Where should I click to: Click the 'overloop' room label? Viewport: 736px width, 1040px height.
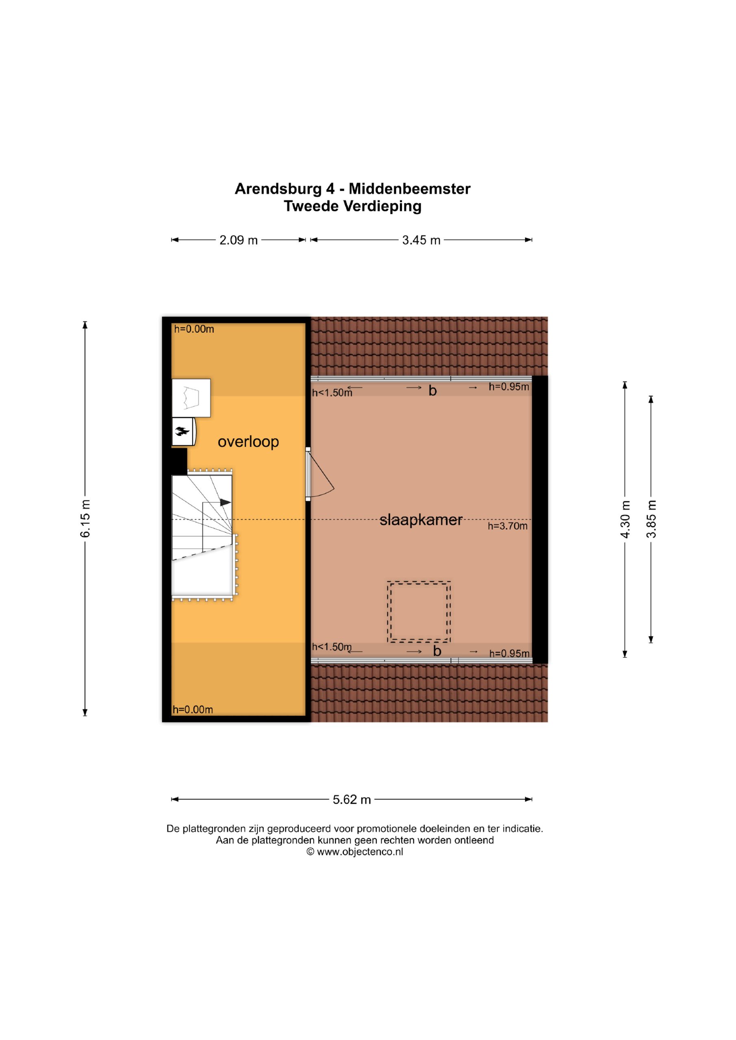click(248, 442)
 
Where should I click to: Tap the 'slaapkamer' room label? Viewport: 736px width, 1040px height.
click(421, 520)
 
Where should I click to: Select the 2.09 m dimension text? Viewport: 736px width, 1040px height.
click(239, 240)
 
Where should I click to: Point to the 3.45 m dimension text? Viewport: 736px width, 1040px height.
click(421, 240)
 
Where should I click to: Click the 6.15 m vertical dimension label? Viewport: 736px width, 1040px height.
click(85, 519)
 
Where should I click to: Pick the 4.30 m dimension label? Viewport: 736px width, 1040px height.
click(625, 520)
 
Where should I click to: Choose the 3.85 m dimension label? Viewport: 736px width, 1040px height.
click(651, 519)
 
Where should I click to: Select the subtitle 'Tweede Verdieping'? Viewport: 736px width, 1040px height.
click(353, 206)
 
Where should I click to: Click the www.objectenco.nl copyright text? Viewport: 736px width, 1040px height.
click(355, 852)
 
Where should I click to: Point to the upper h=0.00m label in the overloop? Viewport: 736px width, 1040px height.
click(194, 329)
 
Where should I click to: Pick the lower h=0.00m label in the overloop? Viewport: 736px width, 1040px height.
click(193, 710)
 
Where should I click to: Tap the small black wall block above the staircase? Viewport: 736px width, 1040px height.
click(179, 461)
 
